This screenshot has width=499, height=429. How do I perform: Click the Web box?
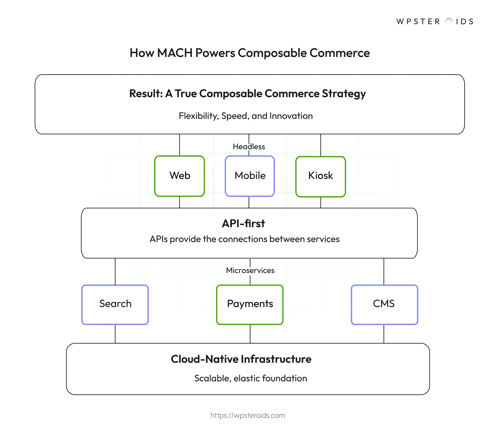(x=180, y=176)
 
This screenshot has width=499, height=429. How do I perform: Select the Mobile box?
(x=250, y=176)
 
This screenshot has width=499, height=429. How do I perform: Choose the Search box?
(x=115, y=304)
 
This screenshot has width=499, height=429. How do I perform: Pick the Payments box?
(x=250, y=304)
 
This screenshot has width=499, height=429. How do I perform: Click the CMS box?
(x=384, y=304)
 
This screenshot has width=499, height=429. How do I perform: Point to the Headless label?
(x=249, y=146)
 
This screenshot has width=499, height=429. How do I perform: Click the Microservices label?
(x=250, y=270)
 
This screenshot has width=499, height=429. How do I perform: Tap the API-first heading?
(x=243, y=223)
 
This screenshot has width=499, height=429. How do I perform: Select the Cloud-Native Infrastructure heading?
(x=241, y=359)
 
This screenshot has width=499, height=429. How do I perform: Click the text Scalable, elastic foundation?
(x=250, y=378)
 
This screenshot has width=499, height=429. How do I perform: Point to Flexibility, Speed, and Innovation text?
(x=245, y=116)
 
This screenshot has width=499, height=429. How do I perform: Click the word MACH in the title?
(x=175, y=53)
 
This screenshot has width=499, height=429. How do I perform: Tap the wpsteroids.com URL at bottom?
(x=248, y=415)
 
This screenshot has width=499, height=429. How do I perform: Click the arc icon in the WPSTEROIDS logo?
(x=449, y=21)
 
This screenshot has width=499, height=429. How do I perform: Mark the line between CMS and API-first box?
(x=384, y=271)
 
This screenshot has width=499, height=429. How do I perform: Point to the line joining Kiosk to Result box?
(x=321, y=145)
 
